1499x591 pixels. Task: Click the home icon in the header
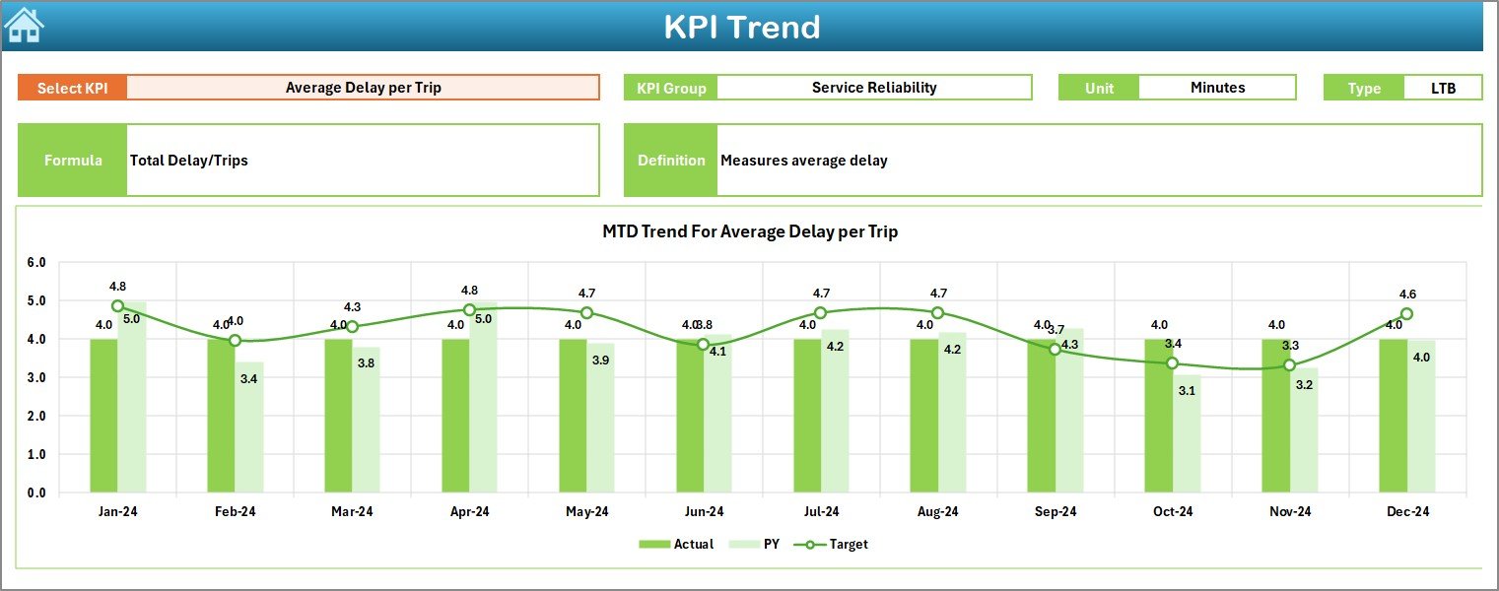click(24, 26)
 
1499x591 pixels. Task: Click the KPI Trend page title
click(741, 27)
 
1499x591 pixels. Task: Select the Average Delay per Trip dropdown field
click(363, 88)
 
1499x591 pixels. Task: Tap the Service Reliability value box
click(873, 88)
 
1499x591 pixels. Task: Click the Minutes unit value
click(1217, 88)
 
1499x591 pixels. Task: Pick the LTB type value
click(1443, 88)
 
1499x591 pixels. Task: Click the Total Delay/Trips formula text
click(189, 161)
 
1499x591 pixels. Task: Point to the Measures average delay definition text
click(804, 161)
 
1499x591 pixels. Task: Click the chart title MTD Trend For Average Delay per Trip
click(750, 231)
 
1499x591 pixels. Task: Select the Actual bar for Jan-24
click(103, 415)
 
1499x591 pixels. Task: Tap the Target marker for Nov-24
click(1289, 365)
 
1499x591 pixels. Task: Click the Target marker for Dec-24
click(1406, 314)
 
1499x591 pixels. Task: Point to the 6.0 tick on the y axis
click(36, 263)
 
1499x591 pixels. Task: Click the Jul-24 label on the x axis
click(820, 512)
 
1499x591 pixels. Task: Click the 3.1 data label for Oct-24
click(1186, 390)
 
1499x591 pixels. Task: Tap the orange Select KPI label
click(72, 88)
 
